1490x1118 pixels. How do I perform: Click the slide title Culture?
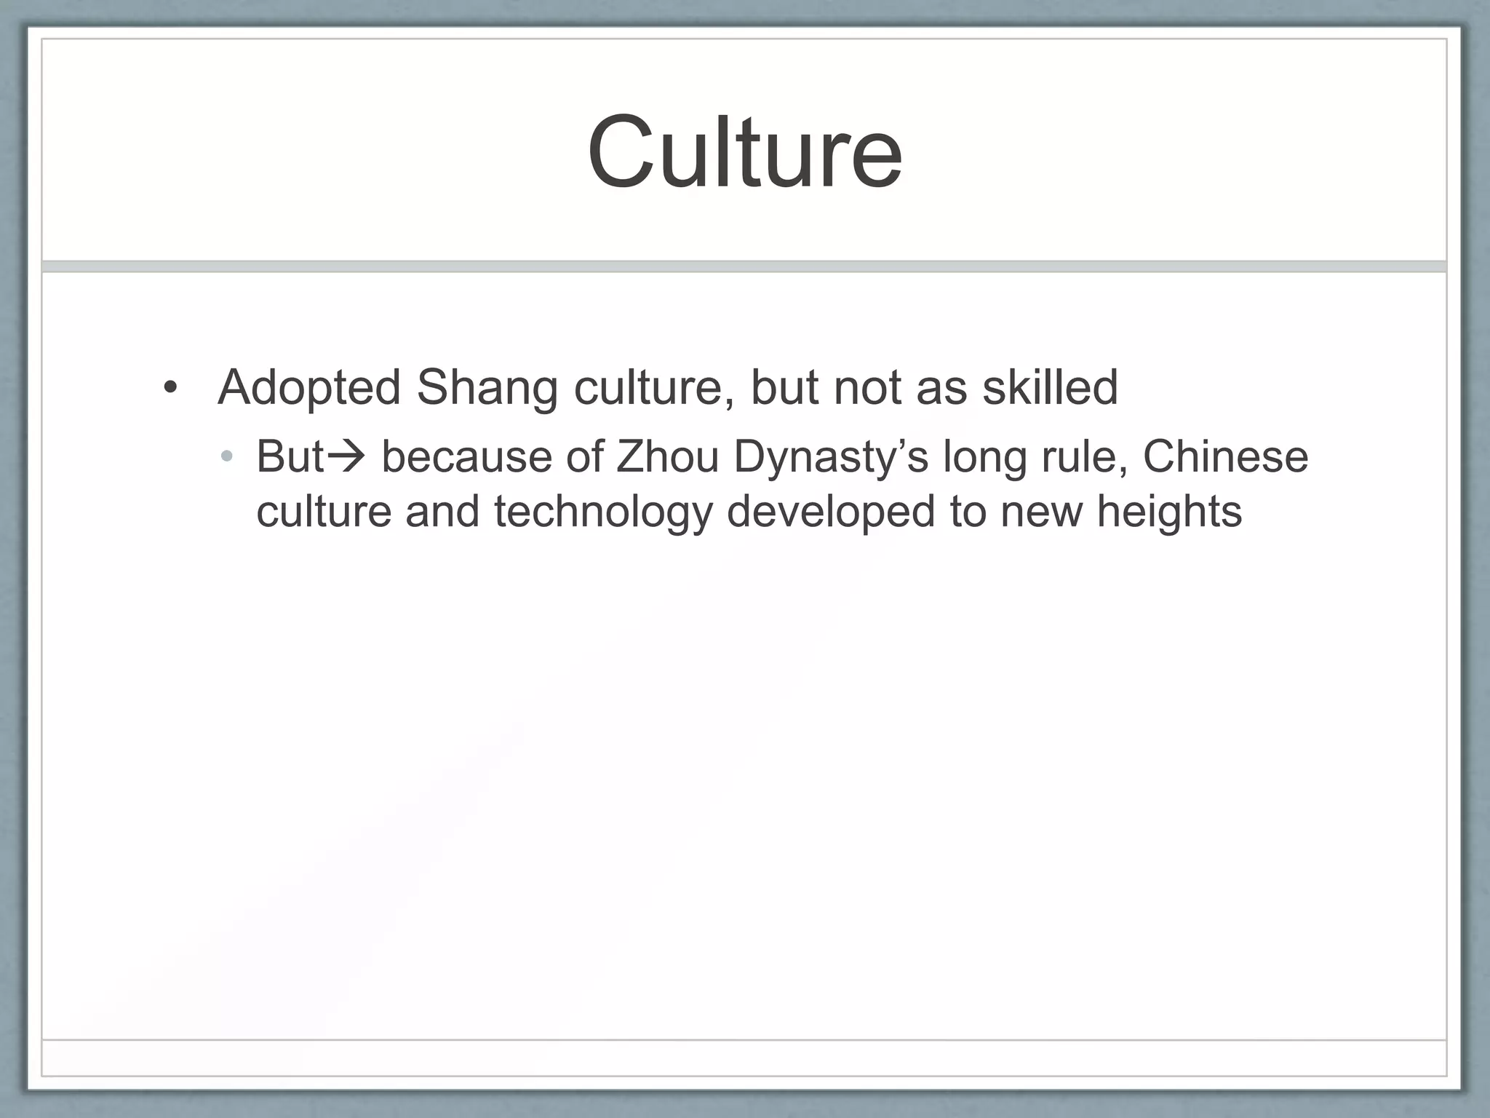click(745, 152)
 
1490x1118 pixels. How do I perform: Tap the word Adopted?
click(309, 387)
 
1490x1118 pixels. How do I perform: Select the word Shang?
click(487, 387)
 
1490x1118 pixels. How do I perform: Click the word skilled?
click(1050, 387)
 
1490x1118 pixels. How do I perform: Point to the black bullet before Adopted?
click(170, 387)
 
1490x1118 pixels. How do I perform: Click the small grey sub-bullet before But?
click(227, 457)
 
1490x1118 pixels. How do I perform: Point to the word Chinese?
click(1225, 457)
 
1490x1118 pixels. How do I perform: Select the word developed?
click(831, 512)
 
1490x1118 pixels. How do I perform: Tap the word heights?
click(1169, 512)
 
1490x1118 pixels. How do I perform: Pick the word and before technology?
click(442, 512)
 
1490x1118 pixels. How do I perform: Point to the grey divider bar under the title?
click(744, 266)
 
